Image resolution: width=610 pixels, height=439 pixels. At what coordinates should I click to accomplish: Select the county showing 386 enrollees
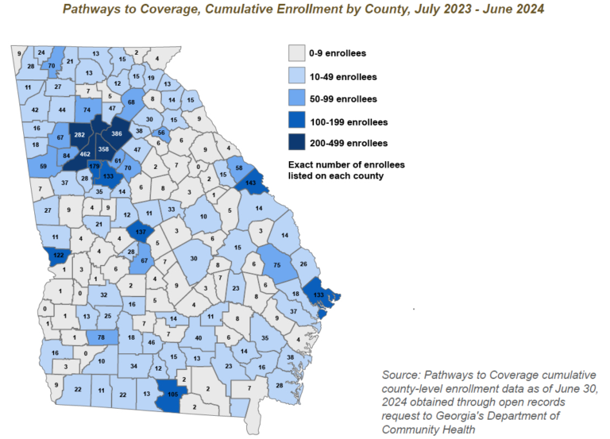(x=116, y=134)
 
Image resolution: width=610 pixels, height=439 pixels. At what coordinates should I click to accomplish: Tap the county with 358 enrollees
(x=103, y=149)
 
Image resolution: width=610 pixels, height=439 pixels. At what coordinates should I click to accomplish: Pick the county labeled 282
(x=79, y=136)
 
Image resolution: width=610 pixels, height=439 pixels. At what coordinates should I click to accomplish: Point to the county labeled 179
(x=95, y=166)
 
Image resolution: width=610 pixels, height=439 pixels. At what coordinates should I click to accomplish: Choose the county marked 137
(x=141, y=232)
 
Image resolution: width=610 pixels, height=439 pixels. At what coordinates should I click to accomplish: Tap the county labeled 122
(x=58, y=256)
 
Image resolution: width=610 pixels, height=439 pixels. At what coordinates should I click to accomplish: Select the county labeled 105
(x=172, y=394)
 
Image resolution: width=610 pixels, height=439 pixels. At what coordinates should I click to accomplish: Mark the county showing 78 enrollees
(x=101, y=337)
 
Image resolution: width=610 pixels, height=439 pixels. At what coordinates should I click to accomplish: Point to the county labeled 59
(x=42, y=166)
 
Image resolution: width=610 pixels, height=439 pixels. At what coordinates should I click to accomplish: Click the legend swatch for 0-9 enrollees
(x=297, y=53)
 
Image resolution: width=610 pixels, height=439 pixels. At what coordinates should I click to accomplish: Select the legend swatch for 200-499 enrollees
(x=297, y=143)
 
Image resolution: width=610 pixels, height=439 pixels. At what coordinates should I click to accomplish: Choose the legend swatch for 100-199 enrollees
(x=297, y=121)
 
